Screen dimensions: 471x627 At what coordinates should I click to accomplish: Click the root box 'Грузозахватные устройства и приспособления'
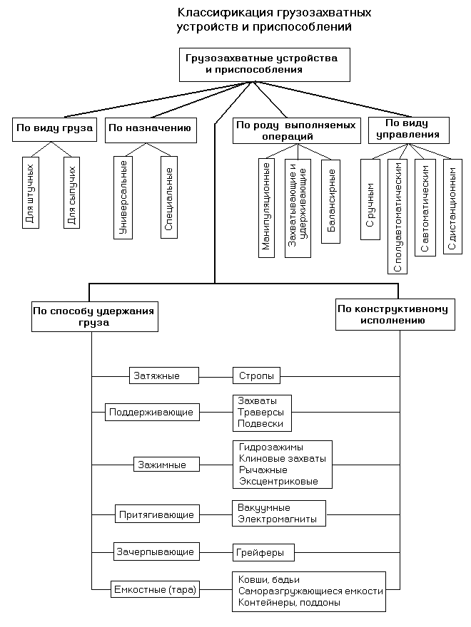click(264, 65)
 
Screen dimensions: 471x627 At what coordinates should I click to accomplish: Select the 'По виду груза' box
click(54, 129)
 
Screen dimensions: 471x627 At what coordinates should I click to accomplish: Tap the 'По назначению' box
click(151, 130)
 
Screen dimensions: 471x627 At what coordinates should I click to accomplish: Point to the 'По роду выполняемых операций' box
click(296, 130)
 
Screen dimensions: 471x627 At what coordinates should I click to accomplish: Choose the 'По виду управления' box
click(408, 130)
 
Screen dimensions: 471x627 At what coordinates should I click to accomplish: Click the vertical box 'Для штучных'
click(31, 193)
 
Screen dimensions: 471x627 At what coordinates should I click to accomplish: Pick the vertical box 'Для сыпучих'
click(71, 193)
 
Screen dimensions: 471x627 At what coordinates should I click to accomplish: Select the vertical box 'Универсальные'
click(123, 197)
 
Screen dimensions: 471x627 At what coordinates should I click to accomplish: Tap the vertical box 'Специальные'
click(169, 197)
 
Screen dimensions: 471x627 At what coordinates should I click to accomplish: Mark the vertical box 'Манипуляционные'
click(267, 208)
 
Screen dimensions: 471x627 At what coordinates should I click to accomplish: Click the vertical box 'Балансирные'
click(331, 202)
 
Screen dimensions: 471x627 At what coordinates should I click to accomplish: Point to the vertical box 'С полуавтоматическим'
click(397, 217)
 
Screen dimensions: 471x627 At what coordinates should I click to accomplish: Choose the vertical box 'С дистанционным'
click(452, 207)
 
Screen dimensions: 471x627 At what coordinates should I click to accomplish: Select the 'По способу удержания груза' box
click(95, 316)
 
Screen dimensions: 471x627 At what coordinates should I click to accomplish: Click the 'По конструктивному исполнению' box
click(395, 314)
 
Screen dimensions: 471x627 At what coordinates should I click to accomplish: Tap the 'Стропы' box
click(256, 376)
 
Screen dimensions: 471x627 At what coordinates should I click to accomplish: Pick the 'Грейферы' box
click(263, 553)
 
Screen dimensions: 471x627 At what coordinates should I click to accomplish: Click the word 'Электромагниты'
click(277, 519)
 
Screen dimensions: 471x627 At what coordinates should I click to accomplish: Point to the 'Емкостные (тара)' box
click(155, 589)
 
